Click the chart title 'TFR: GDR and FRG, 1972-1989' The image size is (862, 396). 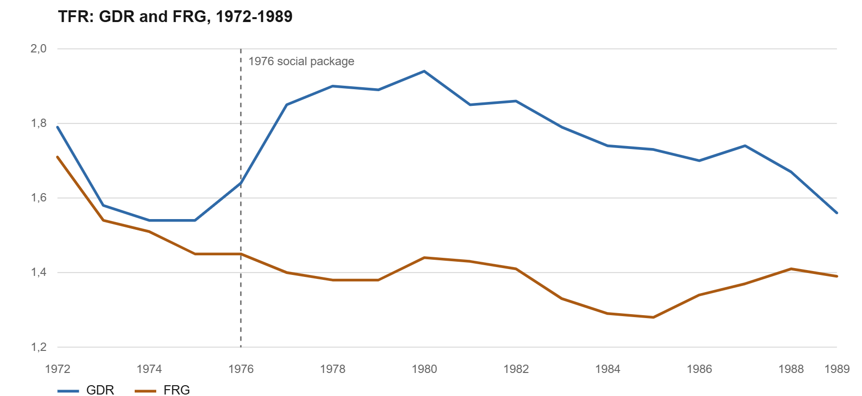[175, 17]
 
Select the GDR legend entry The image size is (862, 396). [86, 390]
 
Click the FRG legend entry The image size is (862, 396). [162, 390]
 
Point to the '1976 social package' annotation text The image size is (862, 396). [301, 61]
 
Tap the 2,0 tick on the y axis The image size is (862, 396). [39, 49]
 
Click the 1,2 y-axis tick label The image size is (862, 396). [39, 347]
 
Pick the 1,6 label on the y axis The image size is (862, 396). [39, 198]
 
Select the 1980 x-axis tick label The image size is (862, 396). [424, 369]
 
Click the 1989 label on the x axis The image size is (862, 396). [837, 369]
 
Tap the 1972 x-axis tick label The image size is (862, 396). [58, 369]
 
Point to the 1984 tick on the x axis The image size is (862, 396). [608, 369]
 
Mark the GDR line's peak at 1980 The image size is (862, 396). [424, 71]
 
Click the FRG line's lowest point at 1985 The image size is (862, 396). [653, 317]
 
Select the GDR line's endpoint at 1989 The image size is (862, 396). [837, 213]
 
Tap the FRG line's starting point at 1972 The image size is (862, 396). [58, 157]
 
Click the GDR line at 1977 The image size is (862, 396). [287, 104]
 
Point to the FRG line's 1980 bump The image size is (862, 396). [424, 257]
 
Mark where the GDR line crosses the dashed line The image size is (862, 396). [241, 183]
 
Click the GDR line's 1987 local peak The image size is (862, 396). [745, 146]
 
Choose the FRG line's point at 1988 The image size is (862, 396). [791, 269]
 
